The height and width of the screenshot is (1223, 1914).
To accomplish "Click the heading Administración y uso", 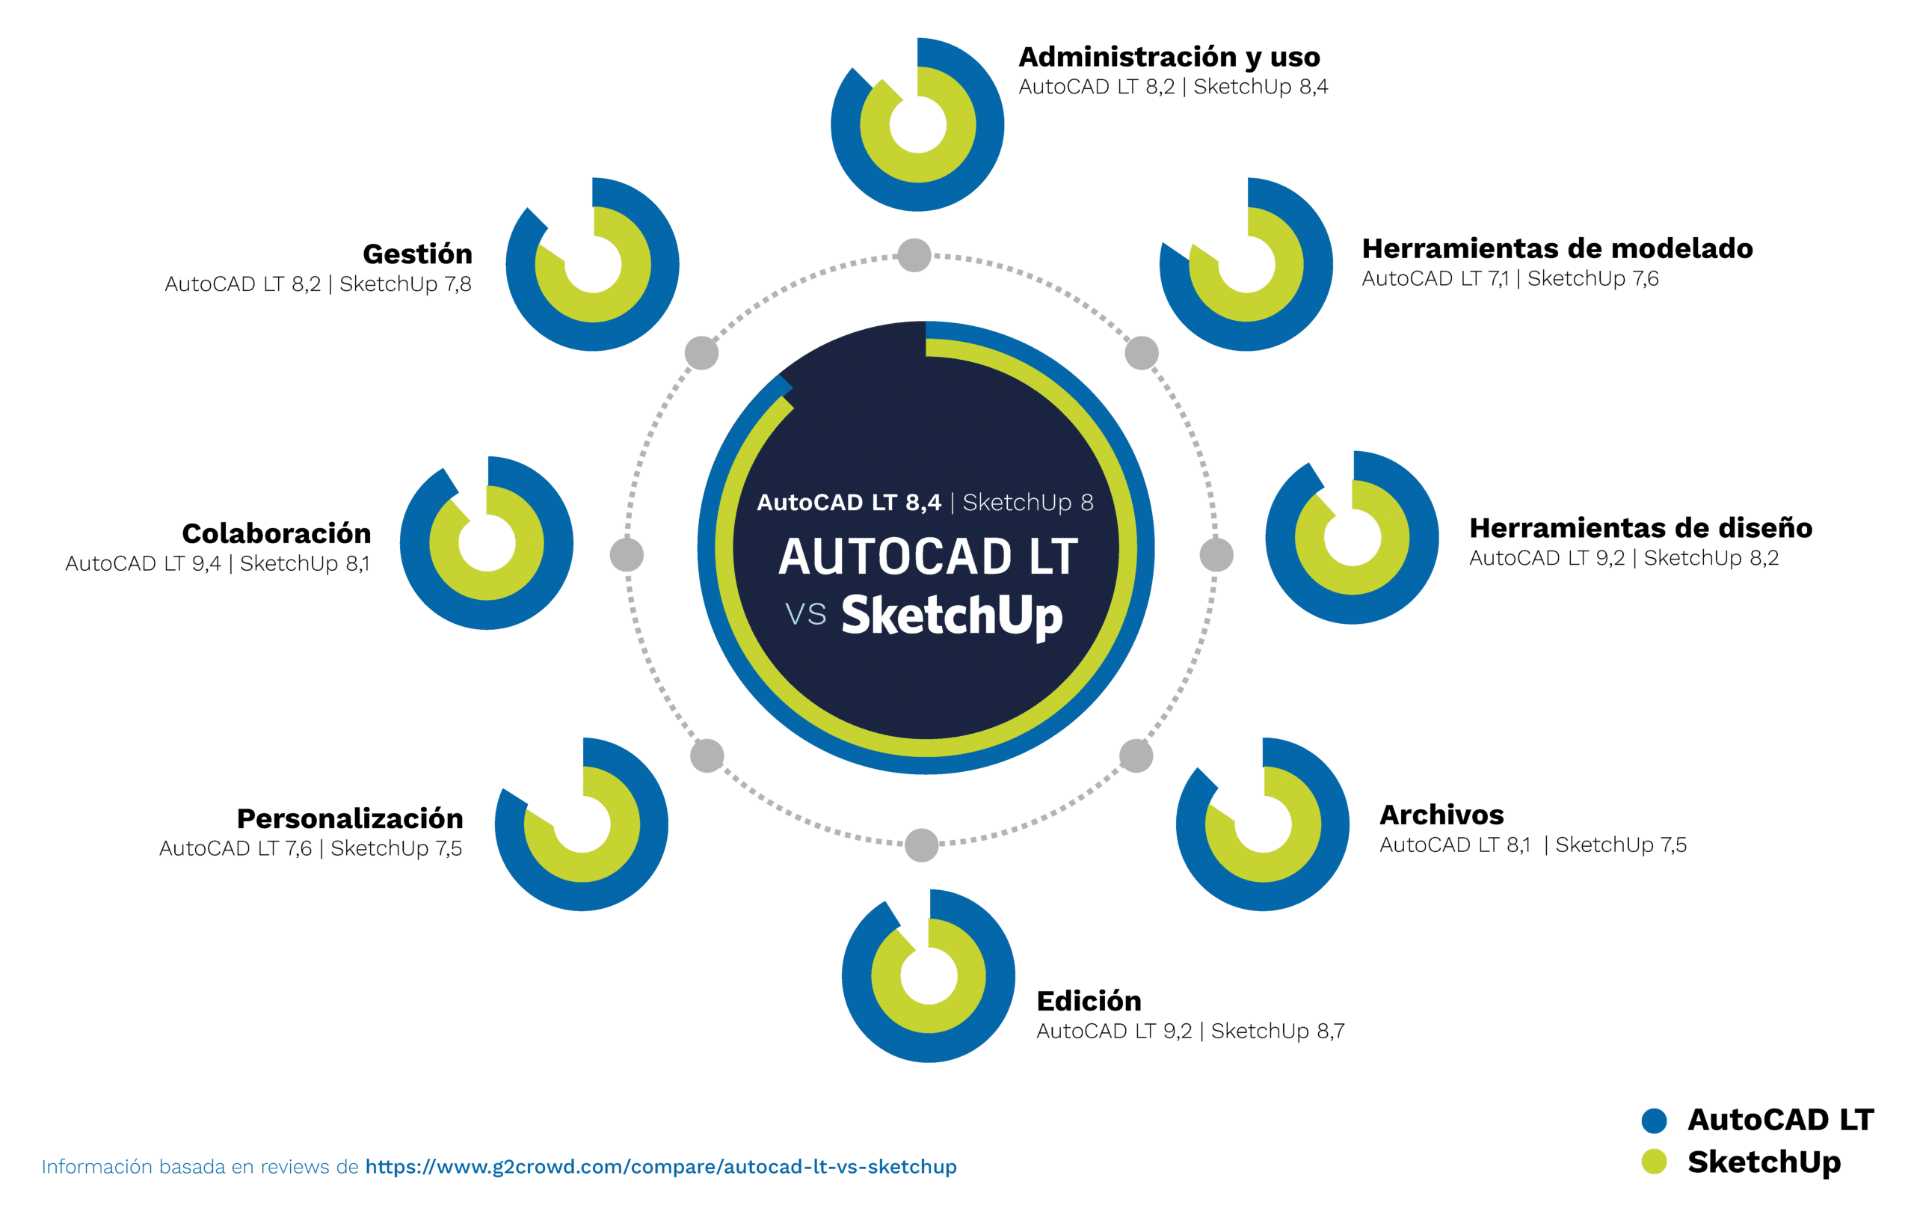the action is point(1169,58).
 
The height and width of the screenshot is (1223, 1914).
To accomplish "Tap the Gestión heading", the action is point(417,254).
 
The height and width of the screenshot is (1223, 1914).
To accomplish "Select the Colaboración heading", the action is point(277,533).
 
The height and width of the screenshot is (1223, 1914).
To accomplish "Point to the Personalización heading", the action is point(350,818).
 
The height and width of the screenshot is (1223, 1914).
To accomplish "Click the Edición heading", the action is point(1089,1000).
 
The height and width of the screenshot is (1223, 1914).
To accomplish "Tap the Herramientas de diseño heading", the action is point(1640,528).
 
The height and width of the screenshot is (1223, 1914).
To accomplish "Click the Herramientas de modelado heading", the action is point(1557,248).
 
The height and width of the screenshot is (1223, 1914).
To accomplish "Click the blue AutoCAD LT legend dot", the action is point(1654,1120).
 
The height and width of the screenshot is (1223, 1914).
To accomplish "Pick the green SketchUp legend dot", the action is point(1654,1161).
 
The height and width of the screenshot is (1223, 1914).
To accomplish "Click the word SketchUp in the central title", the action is point(952,616).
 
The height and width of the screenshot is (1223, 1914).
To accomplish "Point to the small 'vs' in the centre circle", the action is point(805,615).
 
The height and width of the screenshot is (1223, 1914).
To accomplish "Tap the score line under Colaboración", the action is point(217,564).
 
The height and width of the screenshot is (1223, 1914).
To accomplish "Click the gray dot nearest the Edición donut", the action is point(921,845).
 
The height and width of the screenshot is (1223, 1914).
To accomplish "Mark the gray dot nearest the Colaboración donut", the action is point(627,554).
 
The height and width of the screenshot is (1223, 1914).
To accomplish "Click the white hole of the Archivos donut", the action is point(1262,824).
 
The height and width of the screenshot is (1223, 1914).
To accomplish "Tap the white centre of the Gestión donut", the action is point(592,264).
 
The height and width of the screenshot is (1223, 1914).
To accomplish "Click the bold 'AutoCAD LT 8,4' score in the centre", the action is point(848,503).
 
